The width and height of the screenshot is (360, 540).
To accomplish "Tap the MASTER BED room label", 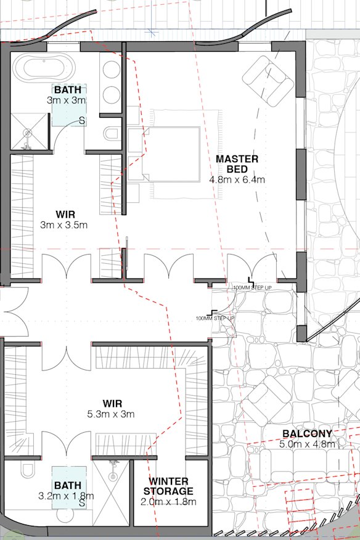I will [x=237, y=163].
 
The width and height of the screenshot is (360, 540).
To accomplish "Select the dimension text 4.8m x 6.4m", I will [x=237, y=180].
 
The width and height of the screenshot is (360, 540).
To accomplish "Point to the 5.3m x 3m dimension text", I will [x=112, y=414].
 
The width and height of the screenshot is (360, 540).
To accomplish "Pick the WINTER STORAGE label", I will [x=168, y=486].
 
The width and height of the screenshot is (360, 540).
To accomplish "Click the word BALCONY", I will [x=307, y=433].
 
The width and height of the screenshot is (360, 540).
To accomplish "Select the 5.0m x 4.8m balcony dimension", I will [x=307, y=444].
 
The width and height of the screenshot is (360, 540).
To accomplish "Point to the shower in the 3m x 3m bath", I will [x=28, y=132].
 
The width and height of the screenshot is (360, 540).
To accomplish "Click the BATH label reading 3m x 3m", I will [x=67, y=91].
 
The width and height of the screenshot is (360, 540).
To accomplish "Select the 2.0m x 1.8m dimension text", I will [x=168, y=502].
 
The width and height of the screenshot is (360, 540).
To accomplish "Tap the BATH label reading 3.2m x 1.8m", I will [x=67, y=486].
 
